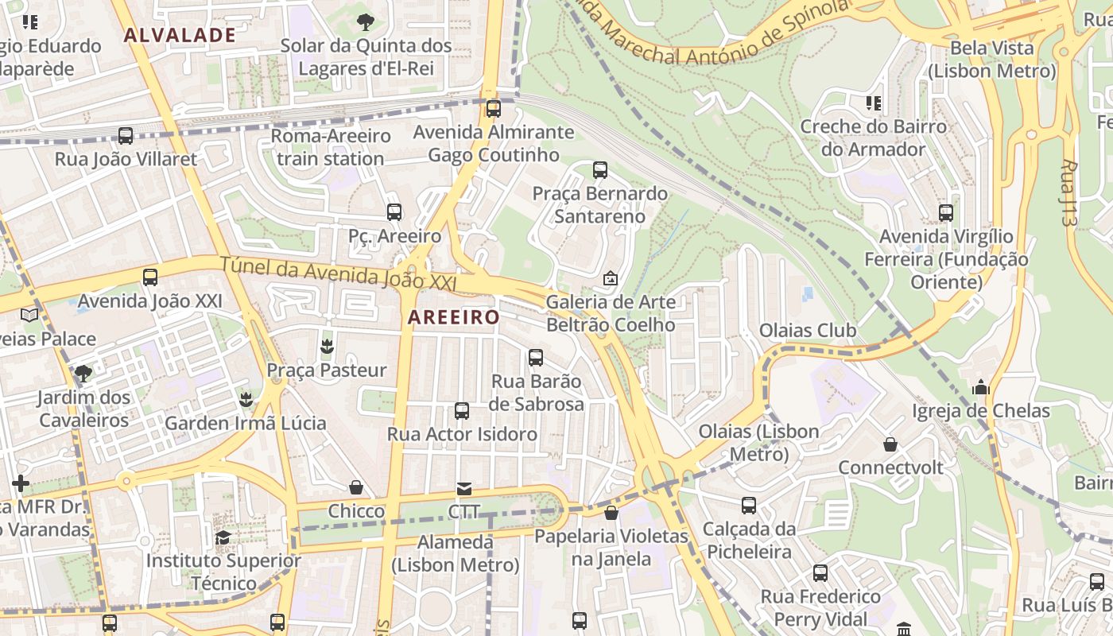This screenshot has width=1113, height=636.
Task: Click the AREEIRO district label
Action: point(453,317)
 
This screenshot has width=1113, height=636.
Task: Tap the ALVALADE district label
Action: point(180,35)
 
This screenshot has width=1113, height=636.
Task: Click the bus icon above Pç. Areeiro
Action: point(394,212)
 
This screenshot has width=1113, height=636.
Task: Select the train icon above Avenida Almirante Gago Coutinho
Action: point(494,108)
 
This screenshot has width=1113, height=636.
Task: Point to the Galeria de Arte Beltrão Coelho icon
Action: point(611,278)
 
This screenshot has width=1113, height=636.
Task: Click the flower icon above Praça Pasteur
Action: point(326,347)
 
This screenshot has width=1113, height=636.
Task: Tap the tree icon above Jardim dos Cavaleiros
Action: point(83,373)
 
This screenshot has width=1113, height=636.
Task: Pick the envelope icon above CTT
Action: point(463,488)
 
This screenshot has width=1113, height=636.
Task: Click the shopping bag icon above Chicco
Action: point(356,487)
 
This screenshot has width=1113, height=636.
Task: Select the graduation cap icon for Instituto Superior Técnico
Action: point(223,537)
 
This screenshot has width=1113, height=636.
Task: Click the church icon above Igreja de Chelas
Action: point(981,387)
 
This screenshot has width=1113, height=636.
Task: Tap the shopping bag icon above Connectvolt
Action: point(890,444)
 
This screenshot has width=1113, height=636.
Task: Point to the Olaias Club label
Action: point(808,330)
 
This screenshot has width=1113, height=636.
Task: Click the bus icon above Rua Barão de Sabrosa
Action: point(536,358)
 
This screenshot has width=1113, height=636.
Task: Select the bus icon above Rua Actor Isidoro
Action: point(462,411)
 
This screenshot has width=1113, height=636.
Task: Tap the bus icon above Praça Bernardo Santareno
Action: point(600,170)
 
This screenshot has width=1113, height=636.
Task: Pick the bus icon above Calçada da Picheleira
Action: point(749,506)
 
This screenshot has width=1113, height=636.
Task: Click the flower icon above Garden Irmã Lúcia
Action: point(246,399)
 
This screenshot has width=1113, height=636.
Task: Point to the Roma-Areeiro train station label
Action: point(331,147)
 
